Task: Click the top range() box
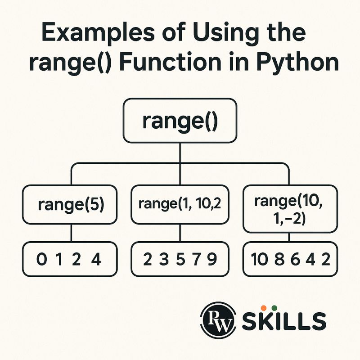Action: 180,121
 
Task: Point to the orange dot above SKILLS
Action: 264,307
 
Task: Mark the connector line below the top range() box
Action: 180,153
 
